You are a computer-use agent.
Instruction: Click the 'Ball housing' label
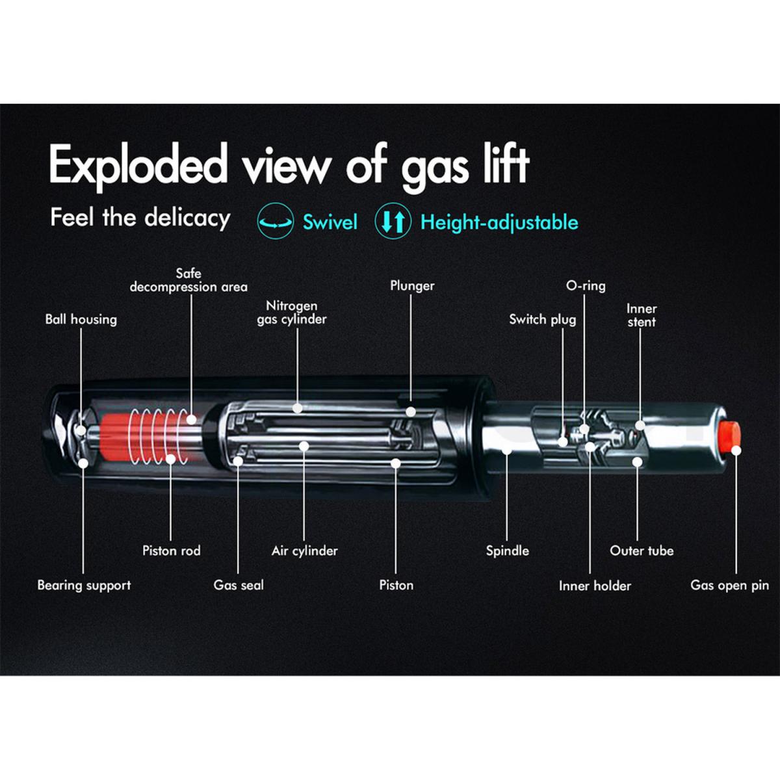point(81,319)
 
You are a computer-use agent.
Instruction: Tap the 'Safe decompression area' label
point(188,280)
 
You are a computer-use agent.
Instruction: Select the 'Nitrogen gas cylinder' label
point(291,312)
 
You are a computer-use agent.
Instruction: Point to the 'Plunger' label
point(412,286)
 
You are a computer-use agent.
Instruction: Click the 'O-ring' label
point(586,286)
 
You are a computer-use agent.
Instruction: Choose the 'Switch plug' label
point(542,319)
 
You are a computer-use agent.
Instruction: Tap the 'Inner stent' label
point(641,315)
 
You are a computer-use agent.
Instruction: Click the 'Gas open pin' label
point(729,585)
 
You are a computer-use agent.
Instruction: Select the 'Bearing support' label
point(84,585)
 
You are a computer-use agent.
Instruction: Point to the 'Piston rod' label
point(171,551)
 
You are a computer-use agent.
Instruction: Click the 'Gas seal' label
point(239,585)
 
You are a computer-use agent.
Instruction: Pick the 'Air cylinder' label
point(304,551)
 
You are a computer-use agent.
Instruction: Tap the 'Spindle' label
point(507,551)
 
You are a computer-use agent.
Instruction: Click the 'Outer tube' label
point(642,551)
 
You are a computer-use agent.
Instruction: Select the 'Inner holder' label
point(595,586)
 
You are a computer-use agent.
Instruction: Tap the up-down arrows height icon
point(393,222)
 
